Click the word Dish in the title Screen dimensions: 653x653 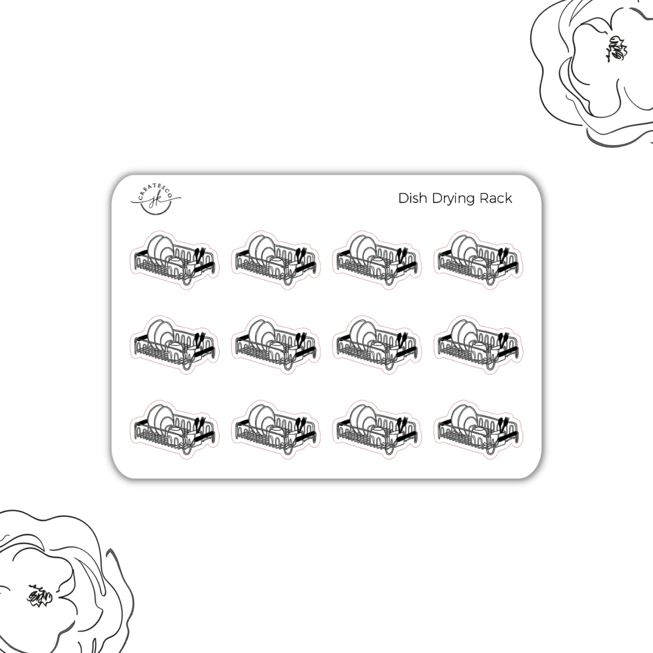point(411,198)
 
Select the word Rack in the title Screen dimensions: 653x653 point(496,198)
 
